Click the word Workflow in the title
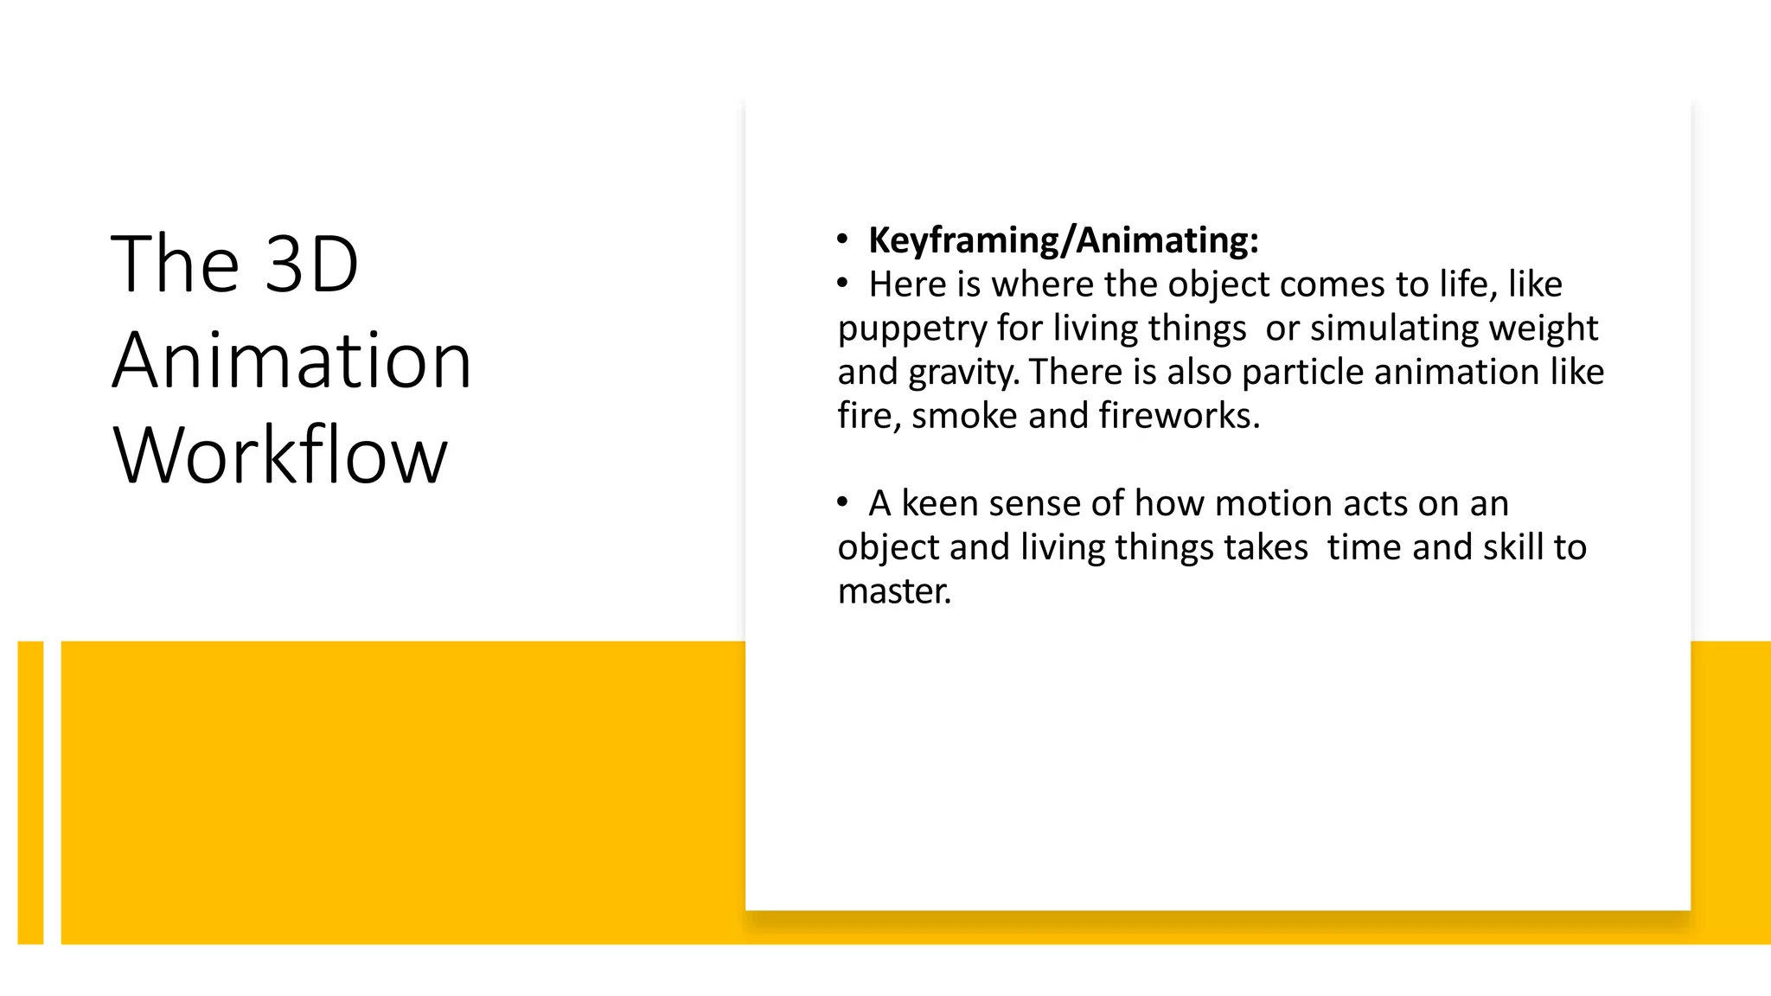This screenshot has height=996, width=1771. coord(280,456)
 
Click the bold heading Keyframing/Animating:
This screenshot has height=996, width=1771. coord(1063,240)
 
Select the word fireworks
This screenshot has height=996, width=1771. coord(1180,416)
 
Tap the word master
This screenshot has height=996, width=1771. coord(894,591)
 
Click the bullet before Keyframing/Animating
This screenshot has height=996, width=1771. coord(842,239)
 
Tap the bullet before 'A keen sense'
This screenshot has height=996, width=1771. coord(842,502)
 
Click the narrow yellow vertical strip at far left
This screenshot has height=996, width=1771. coord(30,792)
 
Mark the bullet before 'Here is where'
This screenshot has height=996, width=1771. coord(842,284)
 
